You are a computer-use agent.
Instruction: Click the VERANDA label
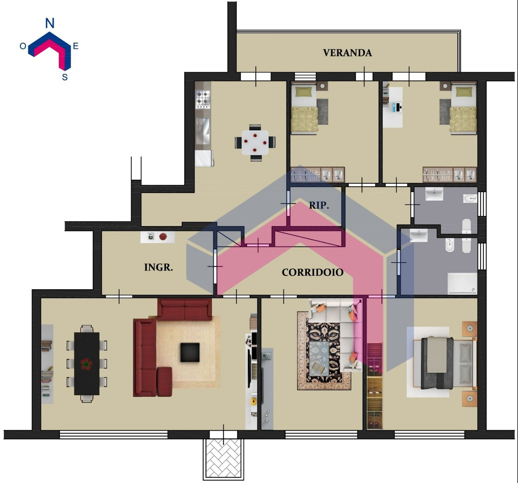[x=347, y=53]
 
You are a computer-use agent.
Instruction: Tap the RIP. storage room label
[x=319, y=205]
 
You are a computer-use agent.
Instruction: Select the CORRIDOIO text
[x=313, y=272]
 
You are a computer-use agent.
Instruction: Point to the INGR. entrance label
[x=158, y=267]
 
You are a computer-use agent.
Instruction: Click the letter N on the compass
[x=50, y=23]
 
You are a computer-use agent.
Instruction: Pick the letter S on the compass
[x=65, y=77]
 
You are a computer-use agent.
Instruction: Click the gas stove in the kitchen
[x=203, y=99]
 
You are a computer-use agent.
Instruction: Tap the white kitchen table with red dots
[x=255, y=143]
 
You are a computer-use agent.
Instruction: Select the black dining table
[x=87, y=364]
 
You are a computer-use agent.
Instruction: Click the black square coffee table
[x=190, y=352]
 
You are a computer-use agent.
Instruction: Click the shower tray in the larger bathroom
[x=462, y=283]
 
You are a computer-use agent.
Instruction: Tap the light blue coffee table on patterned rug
[x=319, y=359]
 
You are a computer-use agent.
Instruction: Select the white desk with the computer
[x=393, y=107]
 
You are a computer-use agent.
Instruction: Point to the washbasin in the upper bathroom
[x=434, y=194]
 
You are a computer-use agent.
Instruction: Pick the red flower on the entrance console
[x=163, y=236]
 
